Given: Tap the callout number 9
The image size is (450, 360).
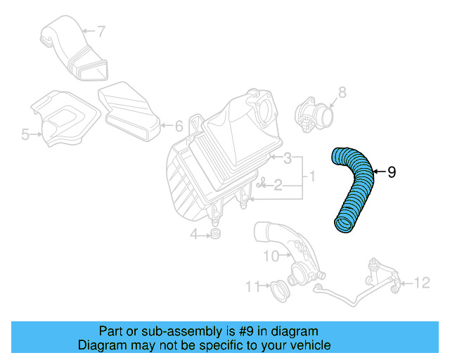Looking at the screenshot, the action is (392, 172).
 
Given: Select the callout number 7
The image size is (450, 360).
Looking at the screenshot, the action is (101, 31).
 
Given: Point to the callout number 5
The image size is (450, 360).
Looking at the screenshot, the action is (25, 133).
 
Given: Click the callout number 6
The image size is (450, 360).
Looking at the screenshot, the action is (178, 127).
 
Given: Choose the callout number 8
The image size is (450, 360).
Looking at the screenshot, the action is (342, 91).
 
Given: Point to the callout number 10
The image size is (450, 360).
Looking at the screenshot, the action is (271, 257).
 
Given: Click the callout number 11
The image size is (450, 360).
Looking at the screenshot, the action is (252, 285).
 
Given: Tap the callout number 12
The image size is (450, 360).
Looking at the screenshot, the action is (420, 283).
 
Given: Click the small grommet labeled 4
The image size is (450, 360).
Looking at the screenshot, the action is (216, 233).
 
